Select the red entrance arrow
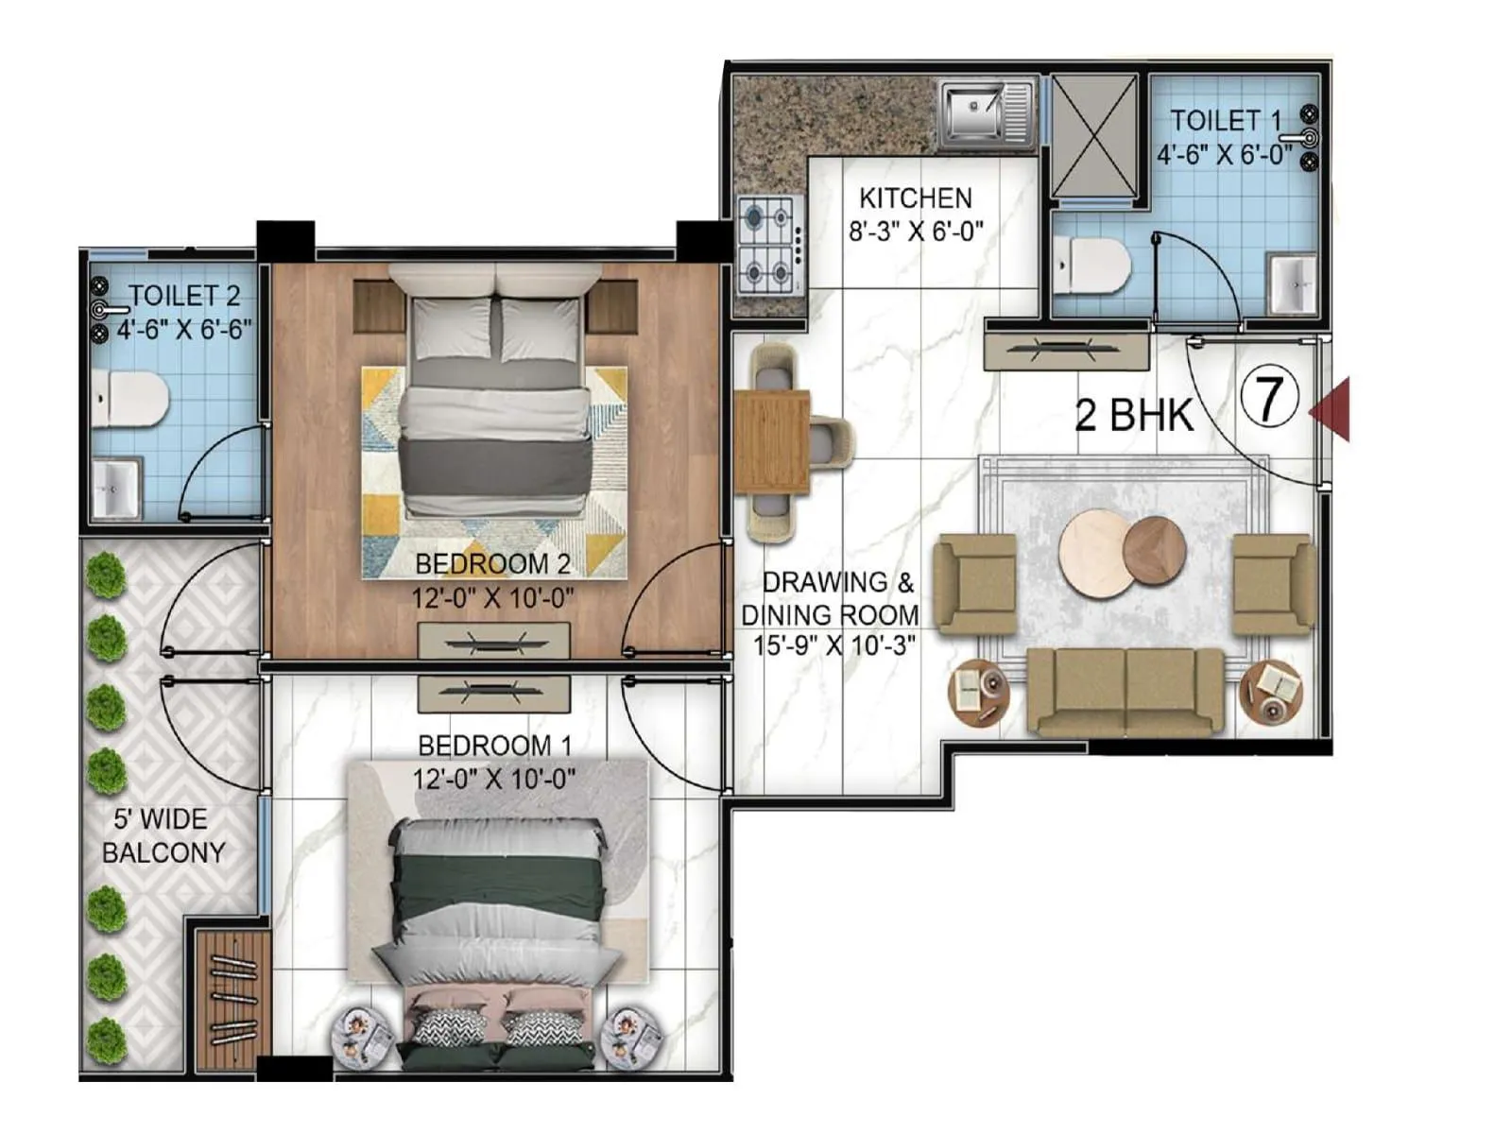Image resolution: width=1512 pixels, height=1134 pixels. point(1332,409)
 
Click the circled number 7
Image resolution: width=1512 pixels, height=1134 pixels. point(1270,399)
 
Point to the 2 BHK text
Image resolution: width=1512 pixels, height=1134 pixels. point(1133,414)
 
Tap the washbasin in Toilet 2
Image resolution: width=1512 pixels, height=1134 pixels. point(116,488)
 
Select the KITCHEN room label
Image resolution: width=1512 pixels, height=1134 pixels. point(915,198)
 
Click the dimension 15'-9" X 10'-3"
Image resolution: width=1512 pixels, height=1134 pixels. point(833,646)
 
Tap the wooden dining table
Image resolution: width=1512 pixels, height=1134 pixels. point(773,442)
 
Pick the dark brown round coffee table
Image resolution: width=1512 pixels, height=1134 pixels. point(1154,551)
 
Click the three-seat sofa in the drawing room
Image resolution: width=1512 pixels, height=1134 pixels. point(1125,692)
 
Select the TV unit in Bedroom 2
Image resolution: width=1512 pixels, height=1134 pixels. point(494,642)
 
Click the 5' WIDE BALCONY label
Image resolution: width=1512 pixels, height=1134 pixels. point(163,835)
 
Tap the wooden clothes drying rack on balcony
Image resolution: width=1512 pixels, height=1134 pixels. point(232,1001)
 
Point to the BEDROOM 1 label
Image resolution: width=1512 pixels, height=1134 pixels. point(494,746)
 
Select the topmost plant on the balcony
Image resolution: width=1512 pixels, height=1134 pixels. point(106,576)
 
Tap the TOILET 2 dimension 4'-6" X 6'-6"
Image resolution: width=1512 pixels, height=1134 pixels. point(184,330)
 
